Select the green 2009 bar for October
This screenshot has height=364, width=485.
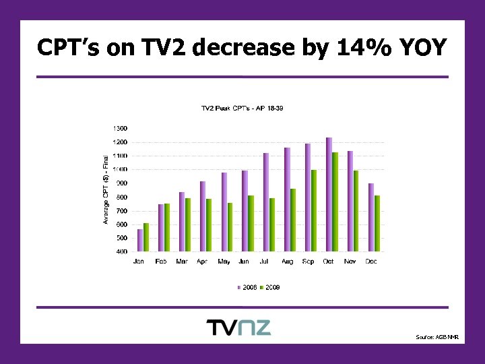point(335,202)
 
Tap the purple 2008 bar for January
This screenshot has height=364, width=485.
point(140,240)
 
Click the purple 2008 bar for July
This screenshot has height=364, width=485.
point(266,202)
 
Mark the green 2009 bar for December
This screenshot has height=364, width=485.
point(377,223)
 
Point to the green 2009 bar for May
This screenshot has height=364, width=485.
point(230,226)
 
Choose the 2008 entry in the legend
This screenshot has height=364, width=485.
point(248,287)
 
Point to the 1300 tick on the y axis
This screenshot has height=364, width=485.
point(119,128)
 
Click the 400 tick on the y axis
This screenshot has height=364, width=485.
point(121,251)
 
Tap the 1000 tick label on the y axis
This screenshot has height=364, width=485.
point(119,169)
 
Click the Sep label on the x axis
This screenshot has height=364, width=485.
point(308,262)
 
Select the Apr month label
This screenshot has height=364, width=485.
point(202,262)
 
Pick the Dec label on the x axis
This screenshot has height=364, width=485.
point(371,262)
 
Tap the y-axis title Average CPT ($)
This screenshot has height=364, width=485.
point(106,190)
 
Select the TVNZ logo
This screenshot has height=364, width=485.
point(238,328)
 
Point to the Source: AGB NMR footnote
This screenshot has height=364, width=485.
point(437,336)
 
